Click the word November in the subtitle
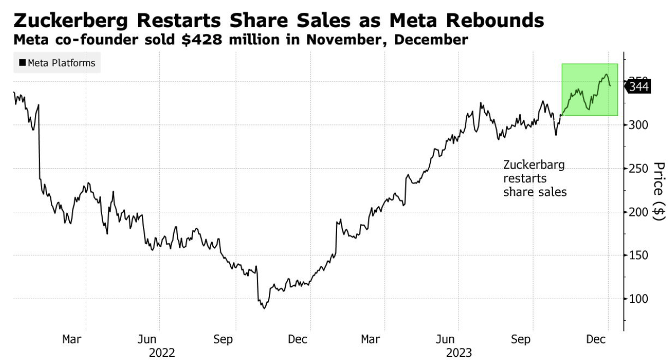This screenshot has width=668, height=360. tap(332, 40)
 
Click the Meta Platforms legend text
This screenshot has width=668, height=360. tap(61, 63)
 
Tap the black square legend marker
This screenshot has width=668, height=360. tap(22, 63)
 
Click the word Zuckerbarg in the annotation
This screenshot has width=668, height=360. tap(534, 165)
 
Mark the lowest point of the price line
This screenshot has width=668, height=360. tap(264, 308)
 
